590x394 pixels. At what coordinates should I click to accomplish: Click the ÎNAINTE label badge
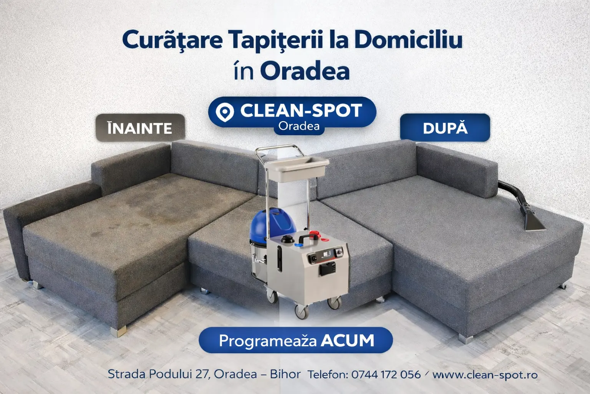[140, 128]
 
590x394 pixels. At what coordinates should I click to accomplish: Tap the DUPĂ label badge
[445, 128]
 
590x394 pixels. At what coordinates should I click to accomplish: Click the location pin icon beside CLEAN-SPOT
[225, 112]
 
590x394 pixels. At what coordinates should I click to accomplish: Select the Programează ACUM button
[295, 340]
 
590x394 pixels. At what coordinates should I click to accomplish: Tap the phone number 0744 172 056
[386, 374]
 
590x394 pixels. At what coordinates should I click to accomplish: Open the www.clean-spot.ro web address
[485, 375]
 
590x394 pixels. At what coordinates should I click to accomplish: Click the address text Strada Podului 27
[159, 374]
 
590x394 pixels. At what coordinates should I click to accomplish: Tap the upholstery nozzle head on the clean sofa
[534, 224]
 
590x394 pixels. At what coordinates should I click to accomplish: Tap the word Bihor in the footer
[285, 374]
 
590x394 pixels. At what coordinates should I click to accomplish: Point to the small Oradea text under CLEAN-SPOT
[299, 126]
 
